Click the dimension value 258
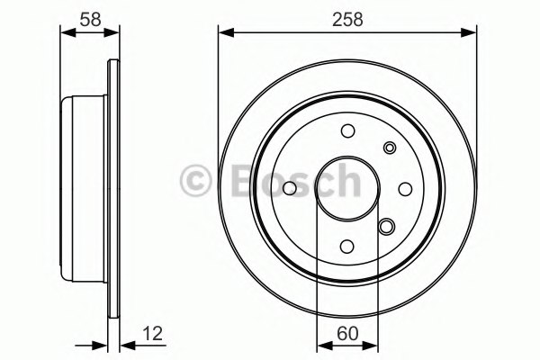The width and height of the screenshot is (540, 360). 347,20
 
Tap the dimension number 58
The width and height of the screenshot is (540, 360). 90,20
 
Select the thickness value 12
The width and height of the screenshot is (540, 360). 152,334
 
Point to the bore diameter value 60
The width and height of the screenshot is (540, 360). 347,334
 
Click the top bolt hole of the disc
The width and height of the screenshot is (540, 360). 347,130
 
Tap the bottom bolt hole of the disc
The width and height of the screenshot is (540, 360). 346,246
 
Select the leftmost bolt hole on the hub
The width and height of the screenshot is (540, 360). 290,188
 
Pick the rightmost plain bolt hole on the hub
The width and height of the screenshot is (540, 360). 405,189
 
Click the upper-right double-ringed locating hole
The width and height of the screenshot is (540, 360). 390,148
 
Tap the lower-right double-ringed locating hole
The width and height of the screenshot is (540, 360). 387,226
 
